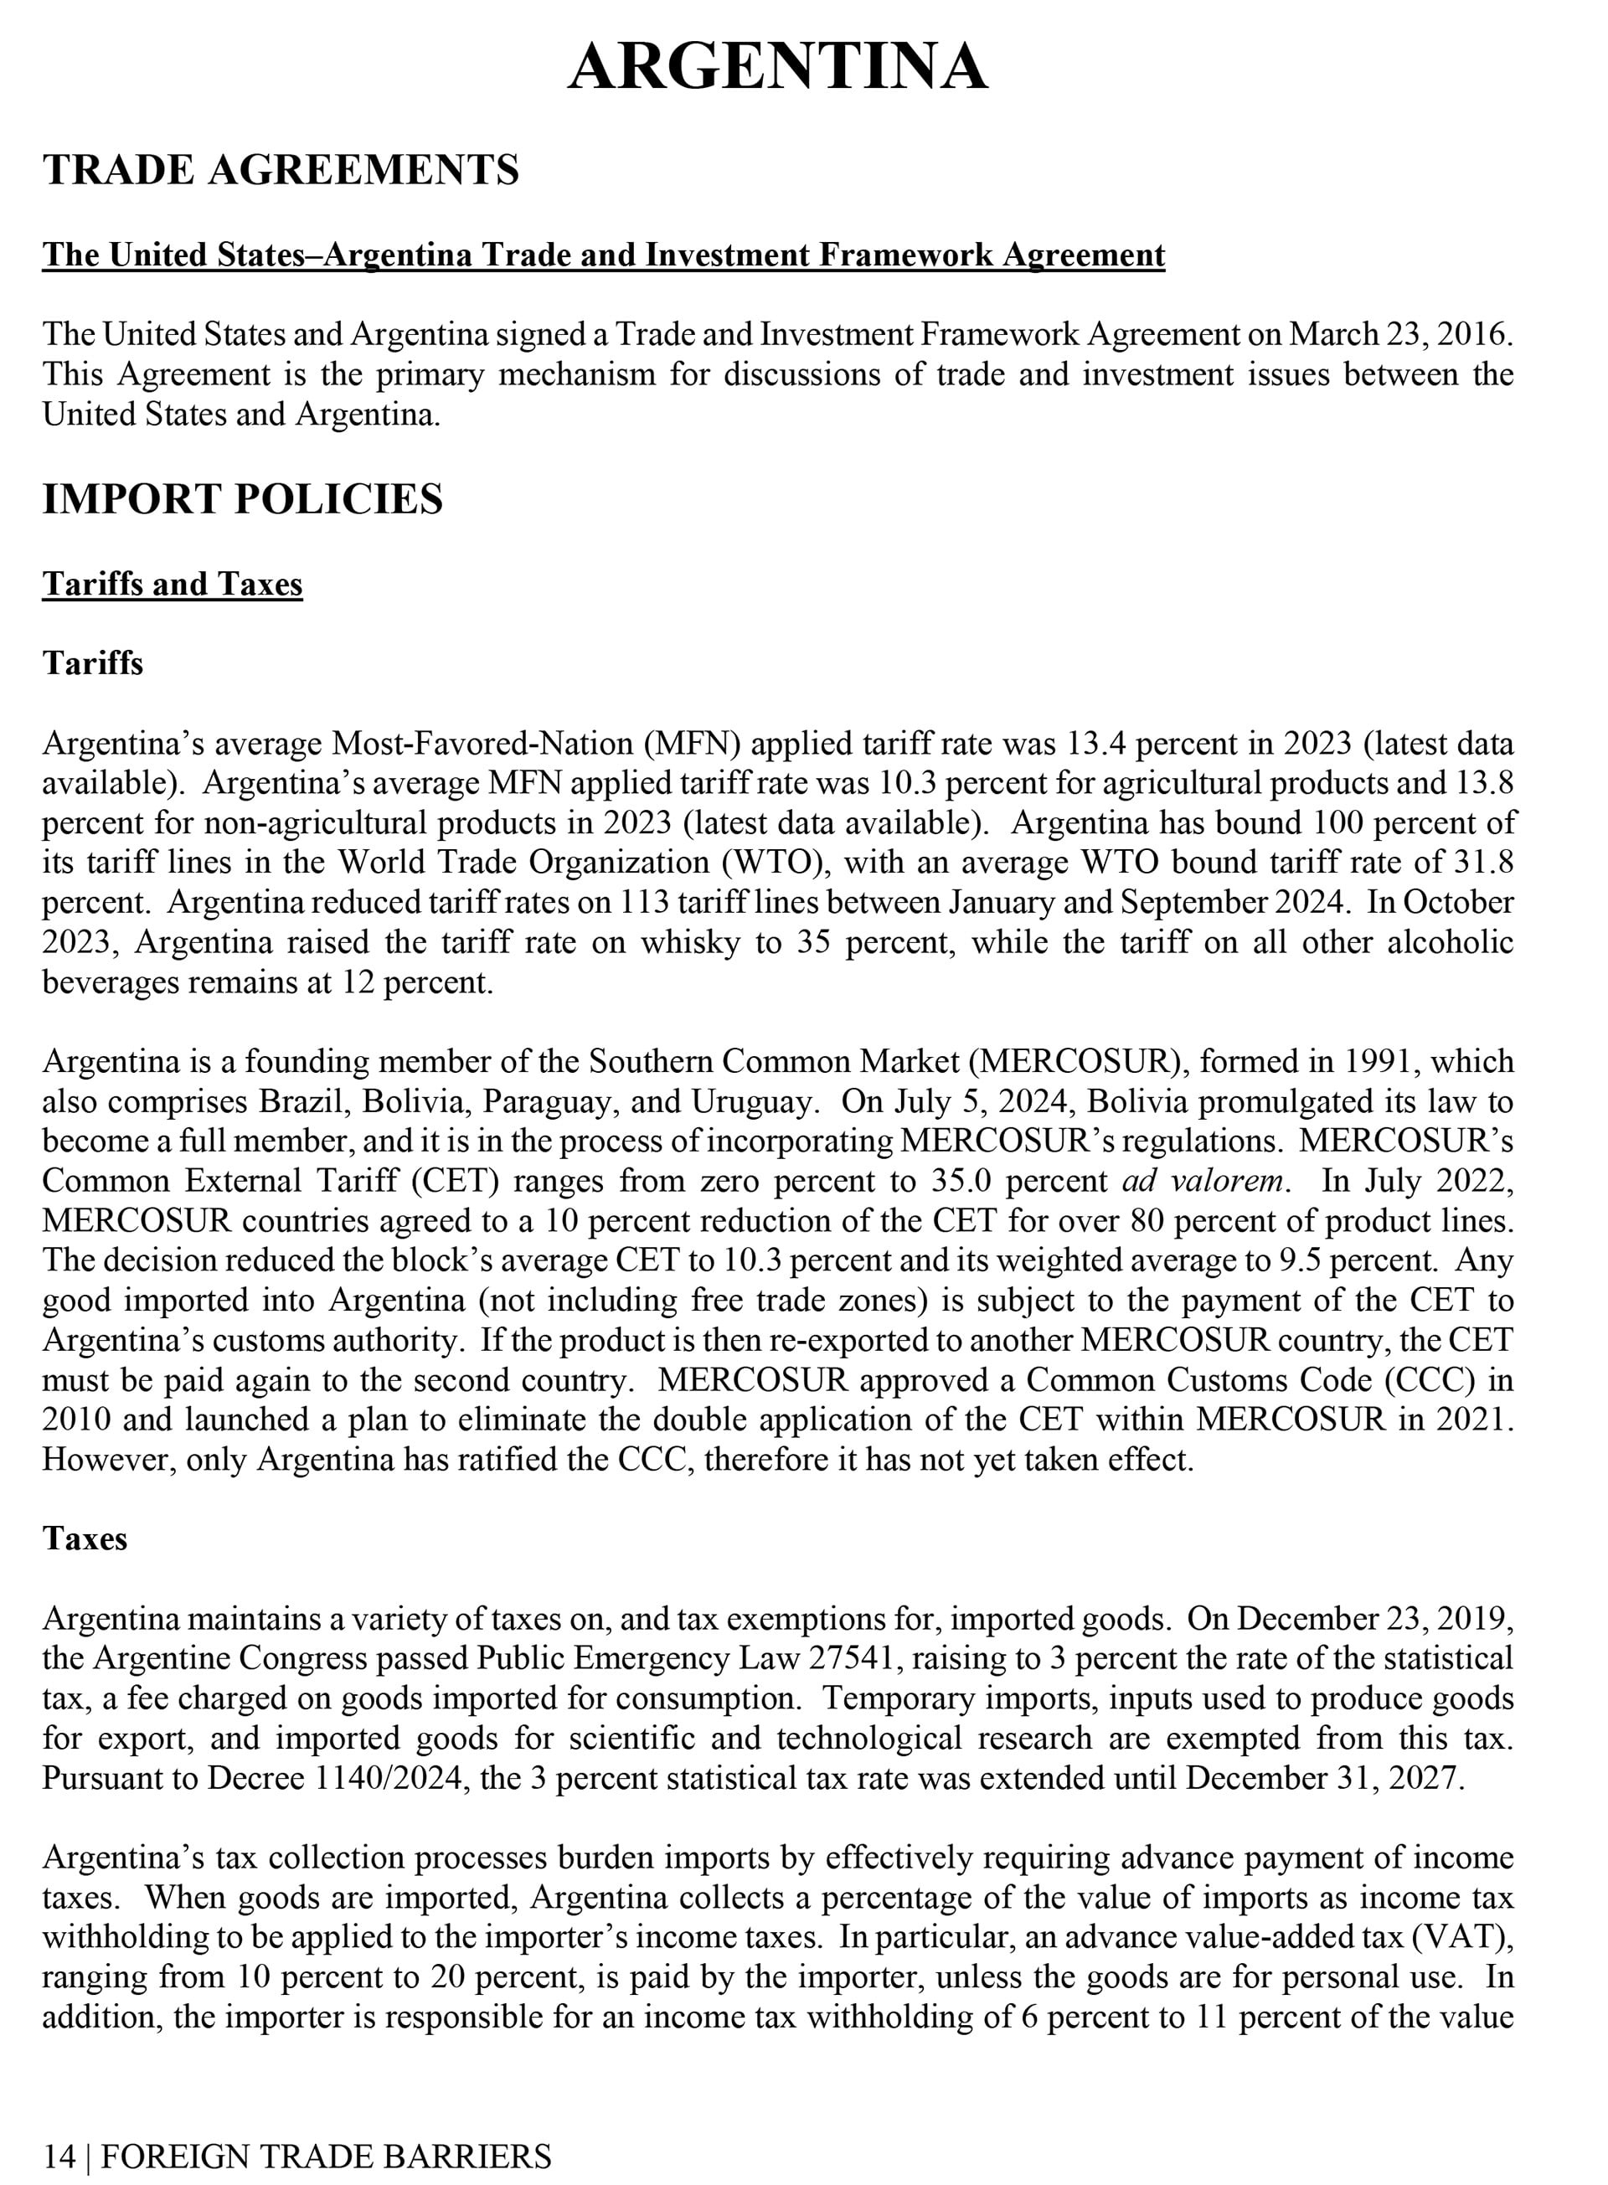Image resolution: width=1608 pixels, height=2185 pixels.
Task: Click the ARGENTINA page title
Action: (x=778, y=67)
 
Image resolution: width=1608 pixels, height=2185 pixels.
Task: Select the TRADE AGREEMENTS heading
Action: (x=281, y=170)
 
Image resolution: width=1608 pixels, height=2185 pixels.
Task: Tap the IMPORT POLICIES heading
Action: (x=242, y=499)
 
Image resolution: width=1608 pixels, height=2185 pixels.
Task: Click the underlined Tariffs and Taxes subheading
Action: (x=173, y=584)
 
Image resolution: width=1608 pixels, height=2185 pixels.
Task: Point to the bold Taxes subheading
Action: (x=85, y=1538)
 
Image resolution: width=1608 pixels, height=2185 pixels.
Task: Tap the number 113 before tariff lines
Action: (x=643, y=903)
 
